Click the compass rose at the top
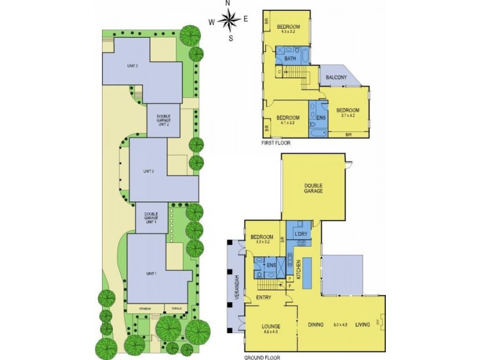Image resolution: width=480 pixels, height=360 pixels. pyautogui.click(x=229, y=22)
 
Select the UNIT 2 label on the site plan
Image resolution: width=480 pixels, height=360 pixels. pyautogui.click(x=149, y=172)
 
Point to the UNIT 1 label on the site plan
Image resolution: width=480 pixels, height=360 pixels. pyautogui.click(x=151, y=274)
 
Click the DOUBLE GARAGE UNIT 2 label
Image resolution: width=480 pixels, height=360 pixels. pyautogui.click(x=164, y=121)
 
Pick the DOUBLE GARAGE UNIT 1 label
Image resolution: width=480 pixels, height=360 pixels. pyautogui.click(x=151, y=218)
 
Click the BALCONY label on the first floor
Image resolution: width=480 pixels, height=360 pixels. pyautogui.click(x=337, y=77)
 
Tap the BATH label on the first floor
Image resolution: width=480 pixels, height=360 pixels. pyautogui.click(x=290, y=59)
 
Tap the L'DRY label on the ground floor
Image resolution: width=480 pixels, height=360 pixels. pyautogui.click(x=301, y=233)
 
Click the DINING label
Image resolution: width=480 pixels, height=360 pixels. pyautogui.click(x=316, y=325)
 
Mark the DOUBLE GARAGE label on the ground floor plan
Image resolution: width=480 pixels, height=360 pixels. pyautogui.click(x=313, y=188)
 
